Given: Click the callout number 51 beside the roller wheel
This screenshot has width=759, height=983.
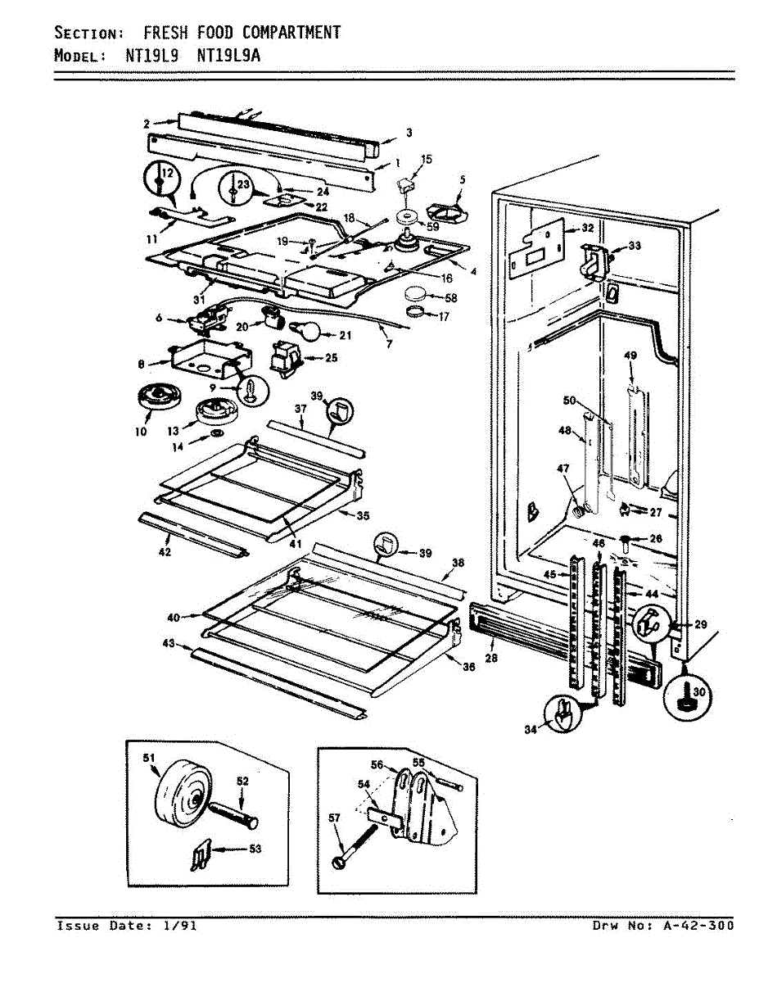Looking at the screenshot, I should click(x=149, y=759).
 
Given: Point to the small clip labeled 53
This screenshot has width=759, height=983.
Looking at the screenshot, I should click(x=197, y=858).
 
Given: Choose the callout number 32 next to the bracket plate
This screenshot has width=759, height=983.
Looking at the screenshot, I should click(x=586, y=229).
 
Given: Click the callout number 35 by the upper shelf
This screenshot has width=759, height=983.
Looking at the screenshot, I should click(x=363, y=515).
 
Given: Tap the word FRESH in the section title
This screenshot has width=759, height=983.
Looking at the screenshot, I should click(x=167, y=33).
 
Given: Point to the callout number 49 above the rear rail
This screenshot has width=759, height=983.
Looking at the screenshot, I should click(x=630, y=356).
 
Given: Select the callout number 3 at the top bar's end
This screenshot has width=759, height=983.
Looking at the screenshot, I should click(x=409, y=132).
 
